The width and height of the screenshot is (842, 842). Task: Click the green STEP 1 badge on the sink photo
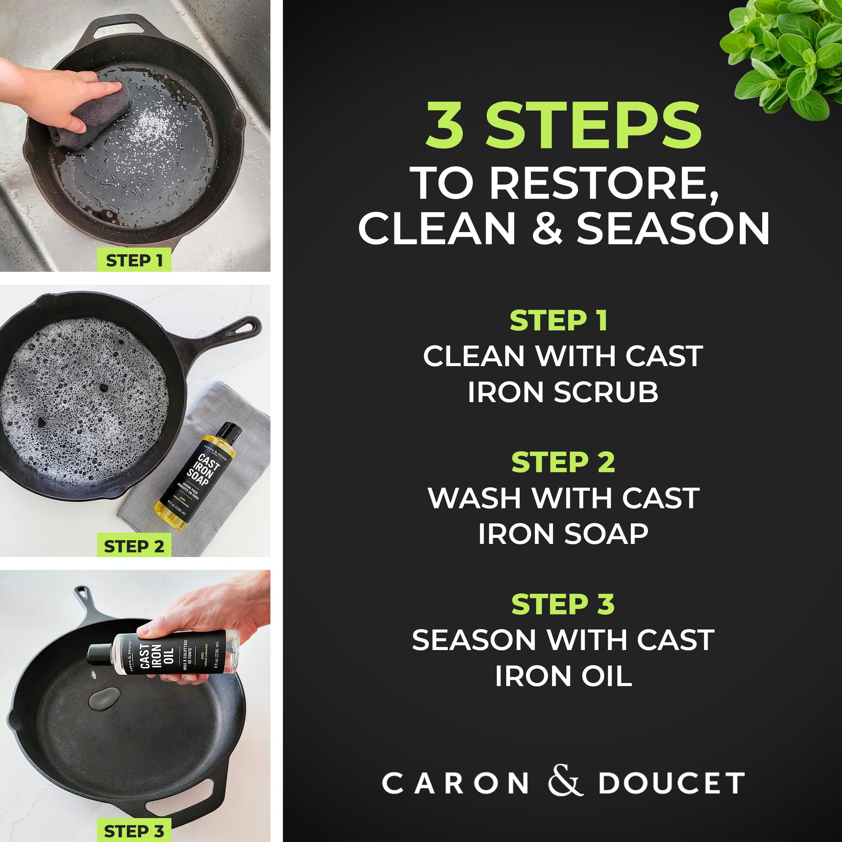pos(134,260)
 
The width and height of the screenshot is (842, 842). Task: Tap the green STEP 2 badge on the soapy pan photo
pos(134,546)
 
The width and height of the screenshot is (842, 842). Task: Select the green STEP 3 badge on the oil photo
pos(134,831)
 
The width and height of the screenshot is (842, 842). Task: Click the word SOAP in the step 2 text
pos(606,534)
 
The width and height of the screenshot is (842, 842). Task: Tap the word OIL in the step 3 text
pos(606,676)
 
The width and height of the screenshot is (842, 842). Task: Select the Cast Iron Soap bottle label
pos(198,477)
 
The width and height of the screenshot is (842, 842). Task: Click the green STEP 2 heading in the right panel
pos(563,462)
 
